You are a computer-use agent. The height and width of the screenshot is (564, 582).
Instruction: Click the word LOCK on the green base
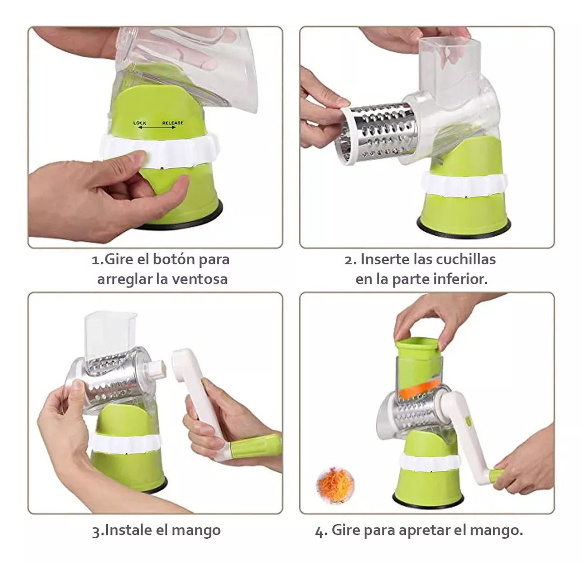pos(140,123)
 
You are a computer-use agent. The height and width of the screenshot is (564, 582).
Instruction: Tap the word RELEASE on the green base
pos(173,123)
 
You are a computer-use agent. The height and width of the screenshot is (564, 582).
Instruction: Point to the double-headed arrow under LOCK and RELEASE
pos(157,128)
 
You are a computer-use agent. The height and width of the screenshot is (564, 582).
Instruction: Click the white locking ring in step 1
pos(160,150)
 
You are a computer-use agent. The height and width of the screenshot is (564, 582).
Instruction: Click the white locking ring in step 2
pos(464,186)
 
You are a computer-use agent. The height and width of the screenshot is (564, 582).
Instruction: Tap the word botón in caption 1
pos(173,259)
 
